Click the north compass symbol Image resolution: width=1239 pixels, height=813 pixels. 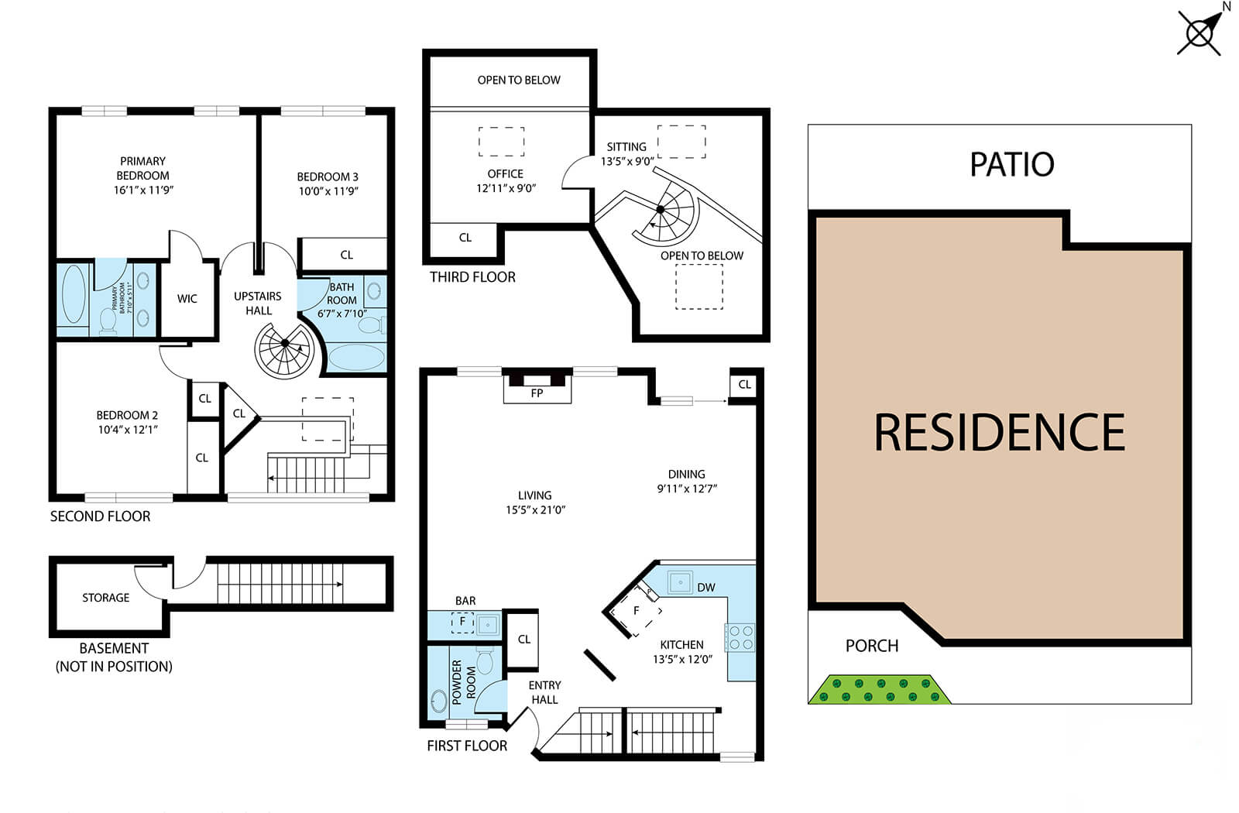click(x=1200, y=33)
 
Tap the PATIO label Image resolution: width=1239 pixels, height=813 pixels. click(x=1011, y=164)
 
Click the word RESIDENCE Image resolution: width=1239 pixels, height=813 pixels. click(x=999, y=432)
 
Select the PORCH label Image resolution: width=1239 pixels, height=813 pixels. click(x=872, y=646)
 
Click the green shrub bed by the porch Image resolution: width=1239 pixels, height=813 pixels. click(x=880, y=689)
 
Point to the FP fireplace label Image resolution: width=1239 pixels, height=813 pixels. click(x=537, y=393)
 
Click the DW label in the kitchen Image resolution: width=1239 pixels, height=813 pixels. click(x=705, y=588)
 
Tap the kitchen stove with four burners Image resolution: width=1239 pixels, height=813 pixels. click(x=740, y=637)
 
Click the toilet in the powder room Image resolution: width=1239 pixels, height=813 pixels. click(x=486, y=661)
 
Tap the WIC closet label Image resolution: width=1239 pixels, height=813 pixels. click(x=187, y=299)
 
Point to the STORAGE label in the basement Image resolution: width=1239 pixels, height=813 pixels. click(x=106, y=598)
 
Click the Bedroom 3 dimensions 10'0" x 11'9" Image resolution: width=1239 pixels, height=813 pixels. click(x=328, y=191)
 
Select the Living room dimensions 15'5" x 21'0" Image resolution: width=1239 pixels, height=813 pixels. click(x=535, y=509)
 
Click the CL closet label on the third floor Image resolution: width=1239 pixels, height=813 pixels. click(x=465, y=238)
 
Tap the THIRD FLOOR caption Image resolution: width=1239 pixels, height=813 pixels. click(x=472, y=277)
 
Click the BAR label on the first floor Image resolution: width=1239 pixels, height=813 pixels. click(x=465, y=601)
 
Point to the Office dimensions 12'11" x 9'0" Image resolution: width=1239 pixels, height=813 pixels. click(x=506, y=188)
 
